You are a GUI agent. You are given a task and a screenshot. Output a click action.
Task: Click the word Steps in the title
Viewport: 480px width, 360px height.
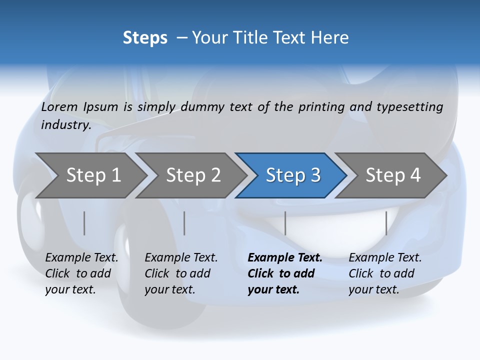(145, 38)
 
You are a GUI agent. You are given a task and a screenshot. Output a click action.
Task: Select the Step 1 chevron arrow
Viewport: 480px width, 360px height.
(93, 175)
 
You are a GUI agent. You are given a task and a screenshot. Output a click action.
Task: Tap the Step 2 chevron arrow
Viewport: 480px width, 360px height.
(193, 175)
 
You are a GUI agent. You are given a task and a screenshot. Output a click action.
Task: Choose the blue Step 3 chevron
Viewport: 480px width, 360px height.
(292, 175)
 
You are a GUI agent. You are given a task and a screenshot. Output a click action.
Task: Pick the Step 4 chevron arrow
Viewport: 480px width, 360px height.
(392, 175)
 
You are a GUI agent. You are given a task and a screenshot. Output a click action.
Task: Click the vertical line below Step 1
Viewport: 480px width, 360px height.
(84, 223)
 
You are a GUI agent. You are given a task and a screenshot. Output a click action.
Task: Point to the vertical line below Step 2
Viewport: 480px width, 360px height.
(184, 223)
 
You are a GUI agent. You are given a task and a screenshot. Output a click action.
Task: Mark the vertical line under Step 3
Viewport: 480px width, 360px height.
(285, 223)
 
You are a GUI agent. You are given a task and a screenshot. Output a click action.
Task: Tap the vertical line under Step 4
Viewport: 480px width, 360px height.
(386, 223)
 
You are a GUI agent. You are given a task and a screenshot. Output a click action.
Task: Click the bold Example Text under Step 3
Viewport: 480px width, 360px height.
(285, 273)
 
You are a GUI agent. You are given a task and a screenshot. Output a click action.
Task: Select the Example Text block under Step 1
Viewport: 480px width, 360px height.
(81, 273)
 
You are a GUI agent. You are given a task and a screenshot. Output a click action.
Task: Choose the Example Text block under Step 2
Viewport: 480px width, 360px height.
(181, 273)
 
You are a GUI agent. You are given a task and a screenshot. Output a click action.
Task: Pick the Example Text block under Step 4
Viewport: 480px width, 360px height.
(385, 273)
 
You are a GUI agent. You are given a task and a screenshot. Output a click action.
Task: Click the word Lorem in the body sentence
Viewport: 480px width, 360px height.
(59, 107)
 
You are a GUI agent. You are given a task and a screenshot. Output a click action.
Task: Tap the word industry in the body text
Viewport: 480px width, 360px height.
(65, 125)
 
